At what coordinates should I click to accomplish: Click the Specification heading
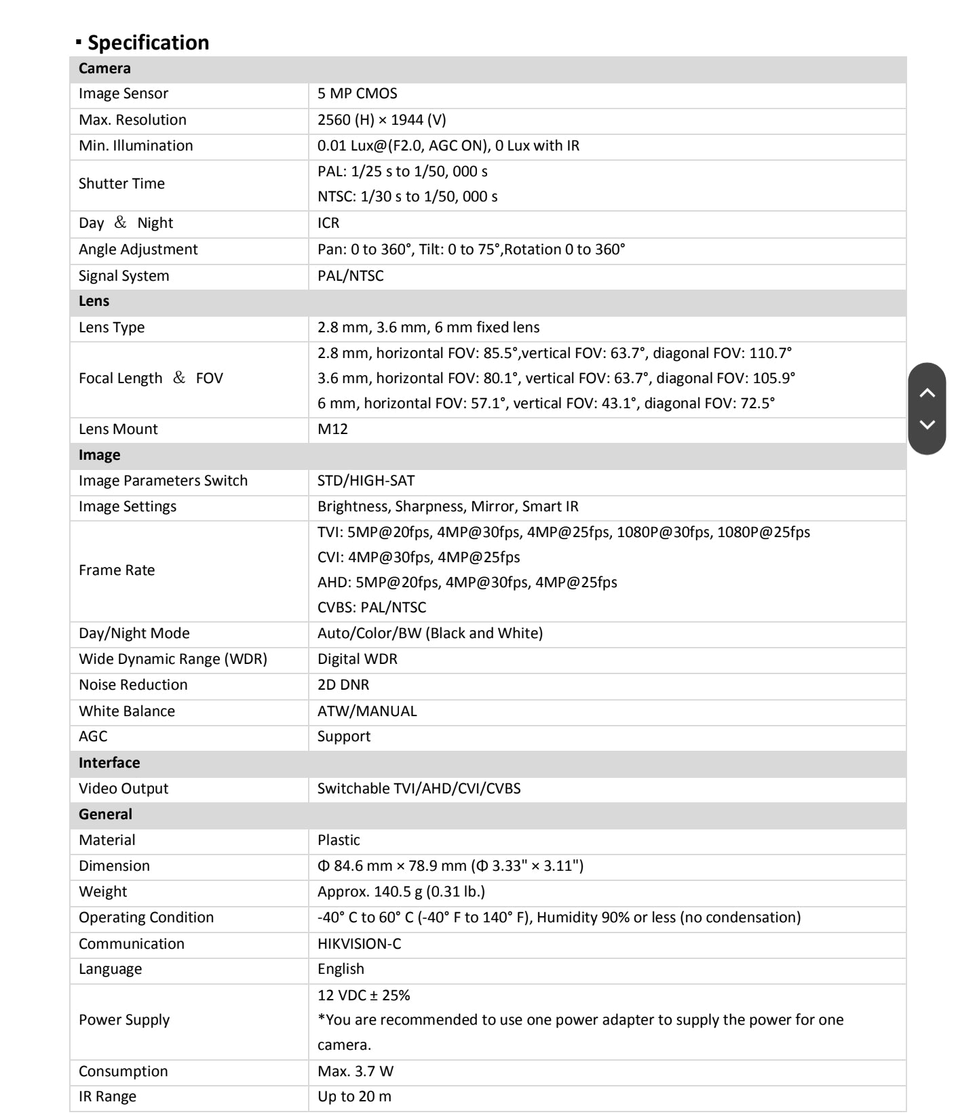point(148,43)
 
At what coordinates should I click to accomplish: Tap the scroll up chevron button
point(927,393)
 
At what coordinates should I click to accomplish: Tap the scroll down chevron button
point(927,425)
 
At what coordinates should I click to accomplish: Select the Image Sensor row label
point(123,94)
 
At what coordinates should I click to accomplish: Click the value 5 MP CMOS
point(358,94)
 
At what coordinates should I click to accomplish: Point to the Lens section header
point(94,301)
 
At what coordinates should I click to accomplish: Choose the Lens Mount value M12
point(332,429)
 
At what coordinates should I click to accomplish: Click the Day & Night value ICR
point(328,223)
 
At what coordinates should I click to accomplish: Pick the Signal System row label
point(124,276)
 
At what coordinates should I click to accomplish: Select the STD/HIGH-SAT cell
point(366,481)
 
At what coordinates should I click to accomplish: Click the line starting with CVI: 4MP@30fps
point(419,557)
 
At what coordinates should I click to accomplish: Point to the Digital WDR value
point(358,659)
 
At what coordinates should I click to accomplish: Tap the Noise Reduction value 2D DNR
point(343,685)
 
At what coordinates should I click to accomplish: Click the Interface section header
point(109,763)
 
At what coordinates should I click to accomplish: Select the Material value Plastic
point(339,840)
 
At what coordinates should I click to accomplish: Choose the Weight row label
point(103,892)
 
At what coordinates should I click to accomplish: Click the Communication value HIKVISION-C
point(359,944)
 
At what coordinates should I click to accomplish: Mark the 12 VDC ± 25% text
point(364,996)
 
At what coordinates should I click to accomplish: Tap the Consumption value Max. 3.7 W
point(356,1072)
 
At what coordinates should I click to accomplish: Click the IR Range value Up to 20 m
point(354,1097)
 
